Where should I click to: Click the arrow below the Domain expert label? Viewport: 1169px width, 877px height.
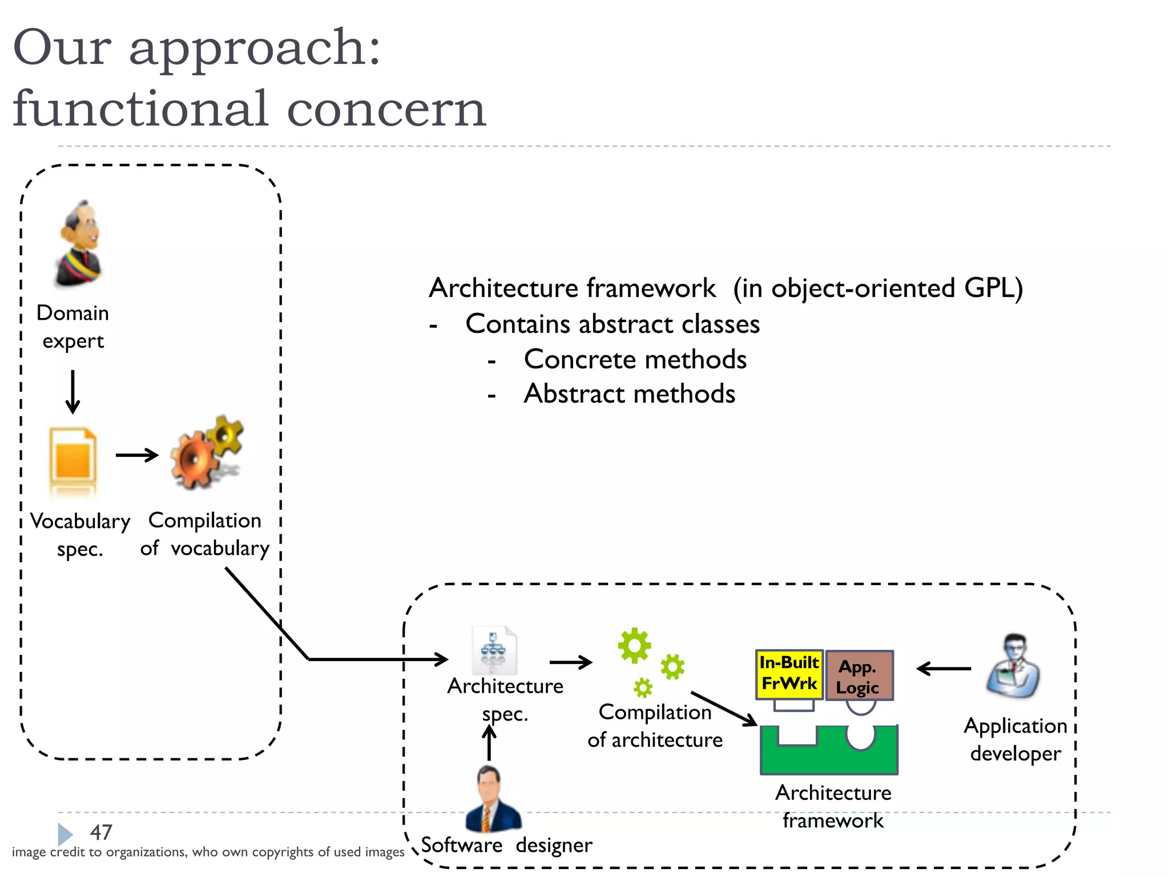pyautogui.click(x=72, y=392)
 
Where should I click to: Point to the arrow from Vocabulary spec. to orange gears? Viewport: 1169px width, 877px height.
pyautogui.click(x=137, y=455)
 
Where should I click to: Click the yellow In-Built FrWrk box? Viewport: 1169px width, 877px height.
pyautogui.click(x=789, y=674)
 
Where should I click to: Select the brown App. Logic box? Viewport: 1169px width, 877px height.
pyautogui.click(x=859, y=675)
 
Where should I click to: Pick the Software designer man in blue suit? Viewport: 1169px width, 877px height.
pyautogui.click(x=492, y=800)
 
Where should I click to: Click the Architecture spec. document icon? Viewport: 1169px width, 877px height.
pyautogui.click(x=494, y=650)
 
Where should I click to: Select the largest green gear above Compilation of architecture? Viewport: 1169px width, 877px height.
pyautogui.click(x=634, y=646)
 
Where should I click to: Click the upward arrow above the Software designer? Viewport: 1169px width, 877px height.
pyautogui.click(x=489, y=742)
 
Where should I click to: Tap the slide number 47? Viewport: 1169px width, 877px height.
pyautogui.click(x=101, y=832)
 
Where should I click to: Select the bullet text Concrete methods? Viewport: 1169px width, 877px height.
pyautogui.click(x=635, y=360)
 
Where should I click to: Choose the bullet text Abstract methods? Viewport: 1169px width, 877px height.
pyautogui.click(x=629, y=394)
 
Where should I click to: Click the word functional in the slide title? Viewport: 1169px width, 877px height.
pyautogui.click(x=140, y=108)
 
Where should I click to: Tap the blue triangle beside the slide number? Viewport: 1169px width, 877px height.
pyautogui.click(x=65, y=834)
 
